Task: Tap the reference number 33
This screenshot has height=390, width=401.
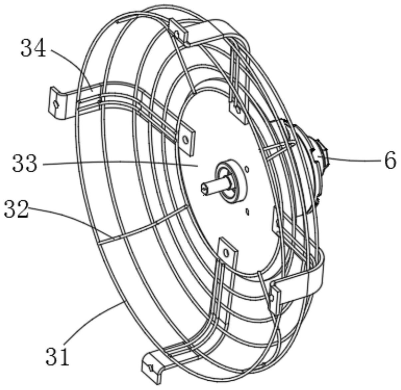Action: [25, 164]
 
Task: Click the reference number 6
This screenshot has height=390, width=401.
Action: [390, 160]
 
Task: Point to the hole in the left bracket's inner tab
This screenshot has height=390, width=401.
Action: [186, 140]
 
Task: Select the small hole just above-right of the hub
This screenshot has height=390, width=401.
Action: [247, 170]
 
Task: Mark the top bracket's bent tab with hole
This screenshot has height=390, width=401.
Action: [178, 33]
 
